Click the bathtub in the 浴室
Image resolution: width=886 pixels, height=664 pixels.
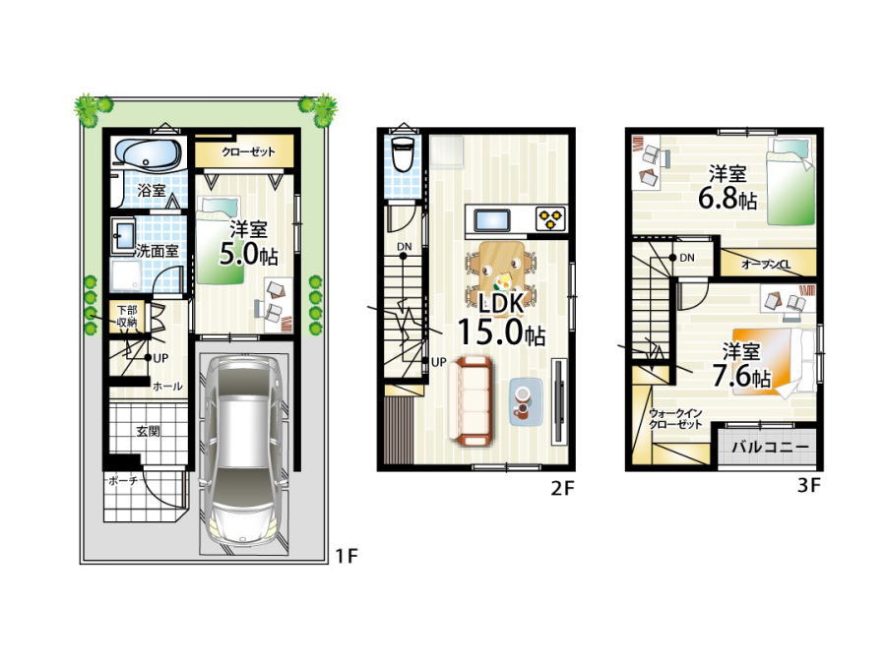point(148,153)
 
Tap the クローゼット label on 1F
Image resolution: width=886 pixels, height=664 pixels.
point(248,151)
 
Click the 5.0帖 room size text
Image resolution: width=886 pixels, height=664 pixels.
point(248,255)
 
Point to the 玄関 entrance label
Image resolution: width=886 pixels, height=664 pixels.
point(148,432)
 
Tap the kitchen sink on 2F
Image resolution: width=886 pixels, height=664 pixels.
point(491,220)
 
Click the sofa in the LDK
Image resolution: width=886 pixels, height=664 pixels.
point(472,401)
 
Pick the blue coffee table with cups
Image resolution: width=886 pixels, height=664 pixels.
point(526,401)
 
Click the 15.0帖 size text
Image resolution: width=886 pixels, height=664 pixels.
point(501,332)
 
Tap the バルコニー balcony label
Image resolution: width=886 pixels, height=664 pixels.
point(771,448)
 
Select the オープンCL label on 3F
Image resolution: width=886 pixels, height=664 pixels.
point(766,265)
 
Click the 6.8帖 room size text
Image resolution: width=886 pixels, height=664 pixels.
point(728,200)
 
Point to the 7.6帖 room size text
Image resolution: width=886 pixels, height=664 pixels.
point(741,376)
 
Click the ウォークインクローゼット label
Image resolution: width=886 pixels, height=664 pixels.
point(674,419)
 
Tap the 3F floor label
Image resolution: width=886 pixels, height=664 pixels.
point(808,485)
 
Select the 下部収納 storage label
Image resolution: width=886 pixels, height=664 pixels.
point(127,316)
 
